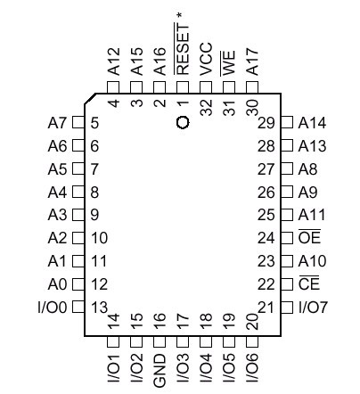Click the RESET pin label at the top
tap(183, 48)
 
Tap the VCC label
tap(206, 59)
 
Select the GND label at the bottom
tap(160, 371)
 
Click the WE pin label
tap(229, 63)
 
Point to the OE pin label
tap(309, 236)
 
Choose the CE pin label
tap(309, 283)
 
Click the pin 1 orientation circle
tap(183, 122)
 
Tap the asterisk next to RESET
tap(179, 15)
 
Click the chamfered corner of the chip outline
tap(90, 98)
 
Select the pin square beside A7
tap(78, 122)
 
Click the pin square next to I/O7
tap(287, 307)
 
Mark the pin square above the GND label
tap(160, 342)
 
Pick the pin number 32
tap(206, 107)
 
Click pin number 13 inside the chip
tap(99, 308)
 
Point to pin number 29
tap(266, 123)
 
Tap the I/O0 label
tap(53, 308)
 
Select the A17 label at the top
tap(252, 62)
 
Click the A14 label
tap(312, 122)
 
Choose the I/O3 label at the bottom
tap(183, 368)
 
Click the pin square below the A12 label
tap(113, 88)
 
